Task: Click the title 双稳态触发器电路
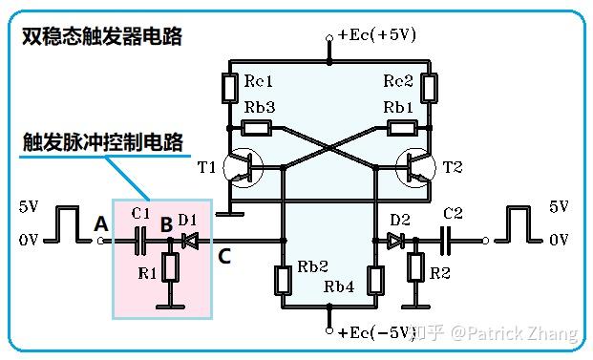pos(101,37)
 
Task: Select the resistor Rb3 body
pos(256,127)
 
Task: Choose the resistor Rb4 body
pos(375,279)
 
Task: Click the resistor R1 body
pos(169,270)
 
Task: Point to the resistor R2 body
pos(415,270)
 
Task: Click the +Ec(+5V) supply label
pos(376,34)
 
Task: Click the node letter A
pos(100,223)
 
